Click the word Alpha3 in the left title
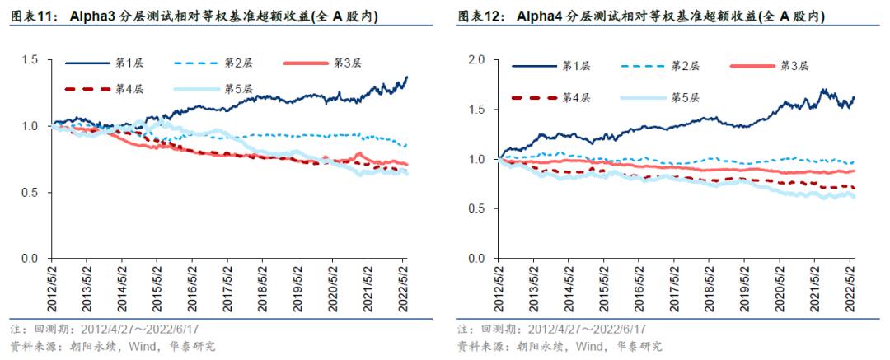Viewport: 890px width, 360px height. click(x=95, y=16)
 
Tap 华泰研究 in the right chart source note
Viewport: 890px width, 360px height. click(x=636, y=346)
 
